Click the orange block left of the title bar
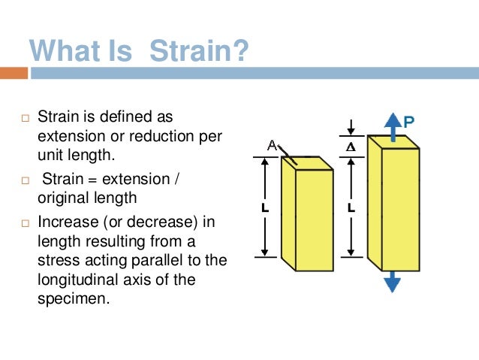(x=14, y=74)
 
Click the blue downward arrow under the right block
(x=392, y=283)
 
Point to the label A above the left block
(x=273, y=147)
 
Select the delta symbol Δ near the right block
(x=349, y=147)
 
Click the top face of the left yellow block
(x=307, y=163)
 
